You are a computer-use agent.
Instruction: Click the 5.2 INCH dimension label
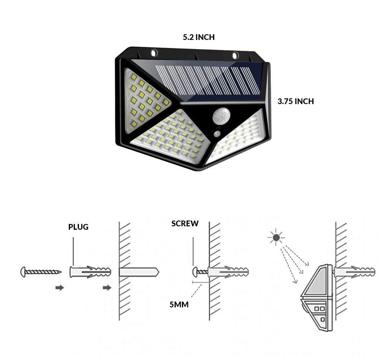198,37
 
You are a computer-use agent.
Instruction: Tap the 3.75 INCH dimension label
295,101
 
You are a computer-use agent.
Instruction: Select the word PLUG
78,227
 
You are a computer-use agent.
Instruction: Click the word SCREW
185,224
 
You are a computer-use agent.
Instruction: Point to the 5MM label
179,305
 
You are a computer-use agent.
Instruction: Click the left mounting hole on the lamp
154,53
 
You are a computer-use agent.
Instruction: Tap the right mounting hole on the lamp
235,55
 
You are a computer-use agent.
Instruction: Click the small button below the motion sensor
218,134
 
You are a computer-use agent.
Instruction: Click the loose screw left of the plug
40,272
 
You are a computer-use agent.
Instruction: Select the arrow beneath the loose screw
60,288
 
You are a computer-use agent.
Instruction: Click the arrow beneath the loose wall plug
107,288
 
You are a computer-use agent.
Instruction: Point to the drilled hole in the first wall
138,272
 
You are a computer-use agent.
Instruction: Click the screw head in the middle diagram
196,272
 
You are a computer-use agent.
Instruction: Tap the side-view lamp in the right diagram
316,298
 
